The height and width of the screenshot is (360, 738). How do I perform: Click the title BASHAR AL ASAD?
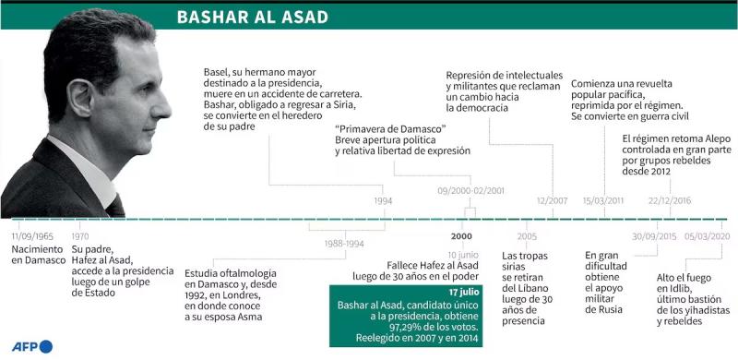tap(251, 18)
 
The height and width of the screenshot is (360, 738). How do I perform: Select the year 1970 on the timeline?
tap(81, 235)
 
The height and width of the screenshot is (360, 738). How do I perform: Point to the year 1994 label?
tap(383, 200)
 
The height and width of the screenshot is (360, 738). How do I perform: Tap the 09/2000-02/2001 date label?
tap(470, 190)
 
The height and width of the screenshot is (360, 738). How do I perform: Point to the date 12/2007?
tap(552, 200)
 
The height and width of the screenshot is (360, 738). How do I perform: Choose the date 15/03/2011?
tap(604, 200)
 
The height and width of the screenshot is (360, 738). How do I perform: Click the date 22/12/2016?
tap(670, 200)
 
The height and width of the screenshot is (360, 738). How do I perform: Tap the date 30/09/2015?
tap(653, 235)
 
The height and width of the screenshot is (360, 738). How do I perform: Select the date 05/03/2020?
tap(707, 235)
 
